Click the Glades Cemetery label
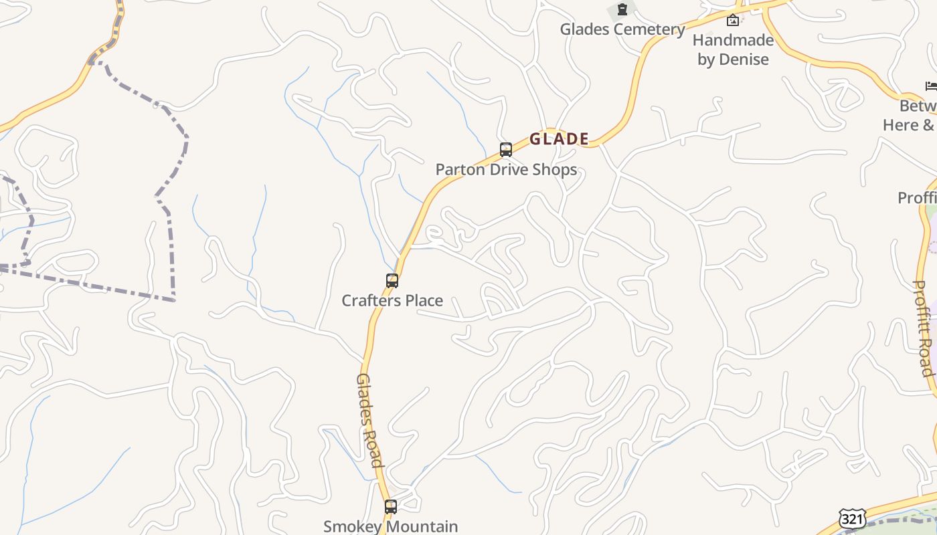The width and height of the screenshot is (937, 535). pos(622,29)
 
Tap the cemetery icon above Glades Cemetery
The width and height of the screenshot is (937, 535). pos(622,9)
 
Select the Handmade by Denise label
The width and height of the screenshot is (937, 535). pos(733,49)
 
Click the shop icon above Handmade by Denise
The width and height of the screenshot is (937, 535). pos(733,21)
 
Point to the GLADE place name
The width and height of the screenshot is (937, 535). pos(559,139)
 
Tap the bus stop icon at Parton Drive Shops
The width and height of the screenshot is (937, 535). pos(506,150)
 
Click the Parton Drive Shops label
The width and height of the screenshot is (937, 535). pos(506,170)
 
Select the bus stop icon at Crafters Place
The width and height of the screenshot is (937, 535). pos(392,281)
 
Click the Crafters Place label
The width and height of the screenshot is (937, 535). pos(392,301)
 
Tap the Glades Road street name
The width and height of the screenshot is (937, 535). pos(369,420)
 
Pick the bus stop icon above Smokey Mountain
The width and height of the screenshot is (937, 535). pos(391,507)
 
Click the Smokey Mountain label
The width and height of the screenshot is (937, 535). pos(391,527)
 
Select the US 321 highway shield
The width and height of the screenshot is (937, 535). pos(852,519)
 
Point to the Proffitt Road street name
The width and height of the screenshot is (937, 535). pos(924,328)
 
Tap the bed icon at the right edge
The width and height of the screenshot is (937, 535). pos(931,86)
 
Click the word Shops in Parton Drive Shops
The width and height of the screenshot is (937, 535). pos(553,170)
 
